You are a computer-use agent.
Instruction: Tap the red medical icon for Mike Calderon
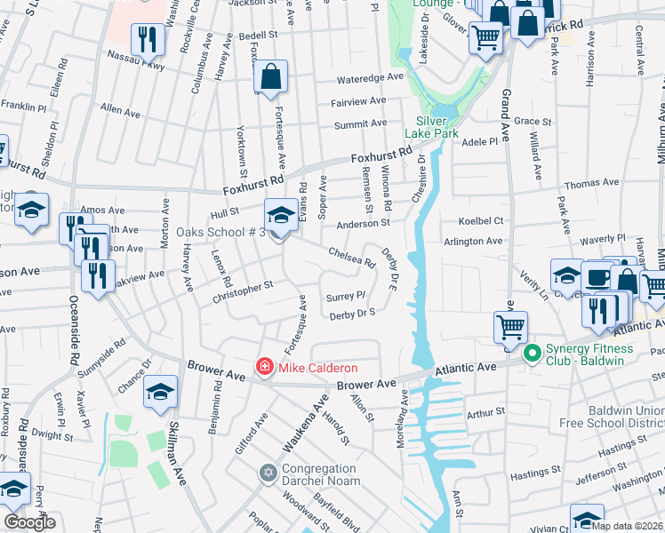[264, 367]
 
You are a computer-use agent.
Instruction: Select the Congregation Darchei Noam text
[321, 474]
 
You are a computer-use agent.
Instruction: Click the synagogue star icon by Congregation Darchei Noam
[268, 472]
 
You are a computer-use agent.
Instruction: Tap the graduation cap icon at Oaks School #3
[281, 216]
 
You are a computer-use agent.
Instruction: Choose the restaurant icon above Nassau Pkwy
[144, 39]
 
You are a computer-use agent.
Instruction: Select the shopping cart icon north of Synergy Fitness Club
[510, 326]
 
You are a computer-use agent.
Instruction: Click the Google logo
[29, 522]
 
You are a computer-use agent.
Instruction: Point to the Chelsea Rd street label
[352, 257]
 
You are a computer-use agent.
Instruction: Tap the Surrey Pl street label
[346, 296]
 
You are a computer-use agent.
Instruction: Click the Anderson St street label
[363, 224]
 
